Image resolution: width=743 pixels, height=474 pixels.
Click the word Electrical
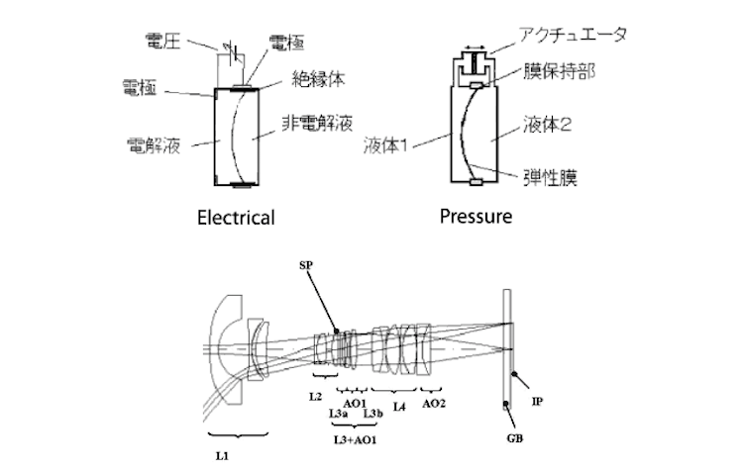coord(235,217)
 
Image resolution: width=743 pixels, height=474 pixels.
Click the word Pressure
coord(477,215)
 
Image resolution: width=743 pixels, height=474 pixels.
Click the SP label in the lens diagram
coord(307,266)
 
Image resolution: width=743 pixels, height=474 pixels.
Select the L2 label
coord(314,396)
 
